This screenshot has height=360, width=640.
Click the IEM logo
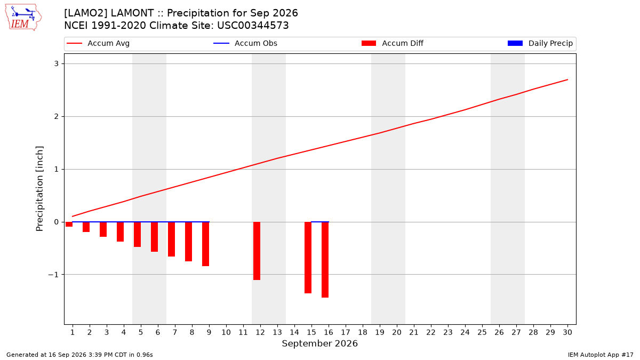click(x=23, y=18)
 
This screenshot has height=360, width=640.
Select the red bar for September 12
click(x=257, y=251)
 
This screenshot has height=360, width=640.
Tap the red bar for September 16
click(x=325, y=260)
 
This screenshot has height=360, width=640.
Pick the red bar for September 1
click(x=69, y=225)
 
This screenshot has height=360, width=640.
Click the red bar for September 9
click(x=206, y=244)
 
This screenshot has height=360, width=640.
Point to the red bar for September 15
click(x=308, y=258)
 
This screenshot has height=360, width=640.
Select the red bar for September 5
click(x=138, y=234)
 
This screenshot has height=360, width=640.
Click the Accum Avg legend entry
click(x=98, y=43)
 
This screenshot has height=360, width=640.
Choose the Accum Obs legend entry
click(x=245, y=43)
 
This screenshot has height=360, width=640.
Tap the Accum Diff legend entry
click(x=393, y=43)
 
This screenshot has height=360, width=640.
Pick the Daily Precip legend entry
click(x=540, y=43)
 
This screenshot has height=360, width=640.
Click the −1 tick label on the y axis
click(x=53, y=275)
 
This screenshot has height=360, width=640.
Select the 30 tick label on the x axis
click(x=567, y=332)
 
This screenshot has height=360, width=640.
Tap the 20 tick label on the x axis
click(x=397, y=332)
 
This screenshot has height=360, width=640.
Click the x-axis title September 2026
click(x=319, y=343)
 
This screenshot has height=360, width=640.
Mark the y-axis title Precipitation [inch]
click(x=39, y=189)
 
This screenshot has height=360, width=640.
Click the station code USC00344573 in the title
click(x=253, y=26)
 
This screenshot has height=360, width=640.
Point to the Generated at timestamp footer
click(x=79, y=355)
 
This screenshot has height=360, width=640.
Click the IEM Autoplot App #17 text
click(x=601, y=355)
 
